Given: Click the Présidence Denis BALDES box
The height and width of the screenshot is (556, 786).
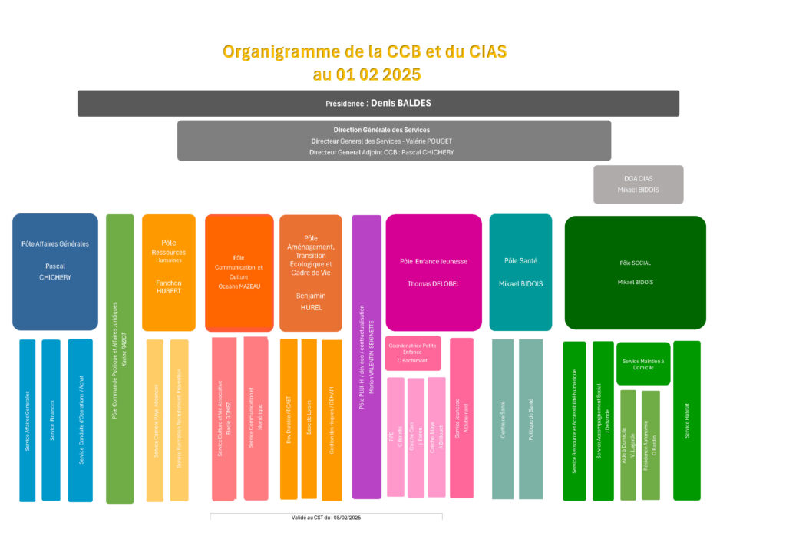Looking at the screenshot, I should click(378, 103).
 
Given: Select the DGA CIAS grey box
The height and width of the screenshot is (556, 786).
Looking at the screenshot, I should click(638, 184).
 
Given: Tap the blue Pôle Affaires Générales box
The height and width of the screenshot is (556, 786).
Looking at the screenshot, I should click(55, 272).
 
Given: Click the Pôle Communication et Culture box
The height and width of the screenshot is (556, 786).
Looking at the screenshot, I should click(239, 272).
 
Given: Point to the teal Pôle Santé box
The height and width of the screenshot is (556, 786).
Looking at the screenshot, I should click(520, 272).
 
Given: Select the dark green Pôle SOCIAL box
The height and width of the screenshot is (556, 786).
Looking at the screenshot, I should click(635, 272).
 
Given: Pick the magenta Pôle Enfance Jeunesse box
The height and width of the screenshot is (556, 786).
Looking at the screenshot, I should click(433, 272).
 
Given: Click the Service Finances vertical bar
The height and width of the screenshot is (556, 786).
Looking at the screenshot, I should click(51, 420).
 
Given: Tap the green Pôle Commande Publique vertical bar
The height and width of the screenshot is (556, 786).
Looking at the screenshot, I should click(120, 359).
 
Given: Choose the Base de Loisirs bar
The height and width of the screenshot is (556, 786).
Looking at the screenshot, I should click(309, 419).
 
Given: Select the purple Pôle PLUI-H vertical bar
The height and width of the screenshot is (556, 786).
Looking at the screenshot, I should click(366, 357).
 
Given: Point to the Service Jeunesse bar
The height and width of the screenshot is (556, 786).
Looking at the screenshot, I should click(461, 419).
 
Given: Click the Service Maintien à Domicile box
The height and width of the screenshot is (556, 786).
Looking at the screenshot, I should click(643, 363).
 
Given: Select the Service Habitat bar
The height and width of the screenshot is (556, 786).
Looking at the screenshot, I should click(687, 421).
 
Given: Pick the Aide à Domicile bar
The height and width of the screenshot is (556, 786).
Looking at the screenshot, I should click(628, 445).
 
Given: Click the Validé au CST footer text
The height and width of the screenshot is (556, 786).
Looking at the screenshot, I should click(326, 518).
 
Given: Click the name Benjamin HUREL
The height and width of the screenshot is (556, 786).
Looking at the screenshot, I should click(311, 300).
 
